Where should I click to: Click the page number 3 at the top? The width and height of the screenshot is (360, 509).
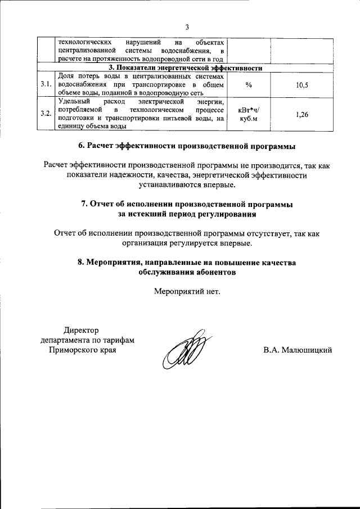(x=187, y=26)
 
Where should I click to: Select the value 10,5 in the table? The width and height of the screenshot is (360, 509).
(x=301, y=84)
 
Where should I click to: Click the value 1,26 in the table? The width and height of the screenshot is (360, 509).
(x=301, y=114)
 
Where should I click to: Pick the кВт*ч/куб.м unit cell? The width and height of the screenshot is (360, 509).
(x=249, y=114)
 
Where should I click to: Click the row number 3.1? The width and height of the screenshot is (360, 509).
(x=46, y=84)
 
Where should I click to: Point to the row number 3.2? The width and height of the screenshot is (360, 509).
(x=46, y=114)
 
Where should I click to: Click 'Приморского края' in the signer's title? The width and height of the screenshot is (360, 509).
(x=81, y=350)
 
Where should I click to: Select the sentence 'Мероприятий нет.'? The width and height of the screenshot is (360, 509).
(x=187, y=291)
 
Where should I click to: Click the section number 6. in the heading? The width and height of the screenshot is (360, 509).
(x=82, y=146)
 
